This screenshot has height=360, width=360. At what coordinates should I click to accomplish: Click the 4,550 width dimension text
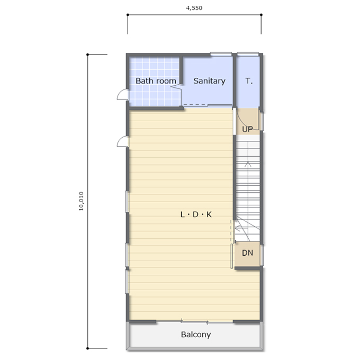(x=194, y=8)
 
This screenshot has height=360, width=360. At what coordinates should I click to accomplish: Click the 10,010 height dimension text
(x=82, y=201)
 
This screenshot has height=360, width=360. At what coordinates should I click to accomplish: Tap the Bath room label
(x=156, y=81)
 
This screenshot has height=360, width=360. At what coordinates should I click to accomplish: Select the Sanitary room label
(x=210, y=81)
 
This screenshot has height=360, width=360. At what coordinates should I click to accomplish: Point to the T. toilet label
(x=249, y=81)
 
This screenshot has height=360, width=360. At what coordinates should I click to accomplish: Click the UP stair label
(x=248, y=129)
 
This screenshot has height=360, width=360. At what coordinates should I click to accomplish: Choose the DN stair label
(x=248, y=253)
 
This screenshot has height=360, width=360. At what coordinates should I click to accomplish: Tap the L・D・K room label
(x=196, y=214)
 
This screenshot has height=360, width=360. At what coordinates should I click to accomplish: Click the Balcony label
(x=196, y=335)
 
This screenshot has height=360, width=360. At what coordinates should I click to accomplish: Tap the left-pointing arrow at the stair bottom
(x=238, y=229)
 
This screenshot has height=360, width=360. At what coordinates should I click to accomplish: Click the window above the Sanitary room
(x=221, y=54)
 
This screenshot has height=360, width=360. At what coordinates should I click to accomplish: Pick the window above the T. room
(x=248, y=54)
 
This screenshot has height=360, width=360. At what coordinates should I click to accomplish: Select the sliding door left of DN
(x=232, y=256)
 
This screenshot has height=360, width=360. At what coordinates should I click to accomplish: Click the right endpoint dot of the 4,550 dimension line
(x=262, y=15)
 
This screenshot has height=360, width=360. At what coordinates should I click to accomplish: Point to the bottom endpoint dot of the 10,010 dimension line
(x=87, y=348)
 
